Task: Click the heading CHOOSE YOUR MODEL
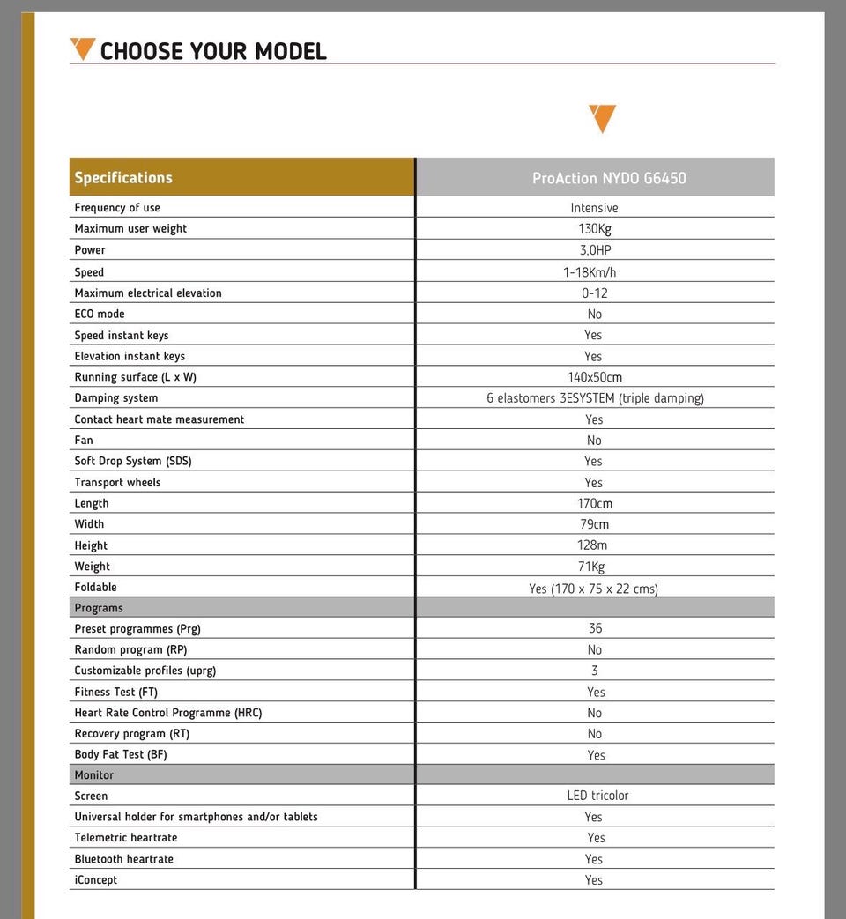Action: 213,51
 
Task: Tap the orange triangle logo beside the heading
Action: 83,48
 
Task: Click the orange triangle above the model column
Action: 602,118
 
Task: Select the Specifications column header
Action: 123,177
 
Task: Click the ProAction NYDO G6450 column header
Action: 609,178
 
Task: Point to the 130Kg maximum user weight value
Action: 594,229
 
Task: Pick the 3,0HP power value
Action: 595,250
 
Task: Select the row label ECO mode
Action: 100,314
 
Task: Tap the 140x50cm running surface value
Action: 594,377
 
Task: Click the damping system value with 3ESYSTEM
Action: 595,398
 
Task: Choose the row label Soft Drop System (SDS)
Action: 133,461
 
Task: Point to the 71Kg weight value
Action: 591,567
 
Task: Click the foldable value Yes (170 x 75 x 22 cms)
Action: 593,589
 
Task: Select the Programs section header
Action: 99,608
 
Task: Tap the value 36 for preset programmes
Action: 595,628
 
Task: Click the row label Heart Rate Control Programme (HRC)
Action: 168,713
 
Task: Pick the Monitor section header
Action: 94,775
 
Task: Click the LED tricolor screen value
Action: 597,796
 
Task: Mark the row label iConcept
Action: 96,879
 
